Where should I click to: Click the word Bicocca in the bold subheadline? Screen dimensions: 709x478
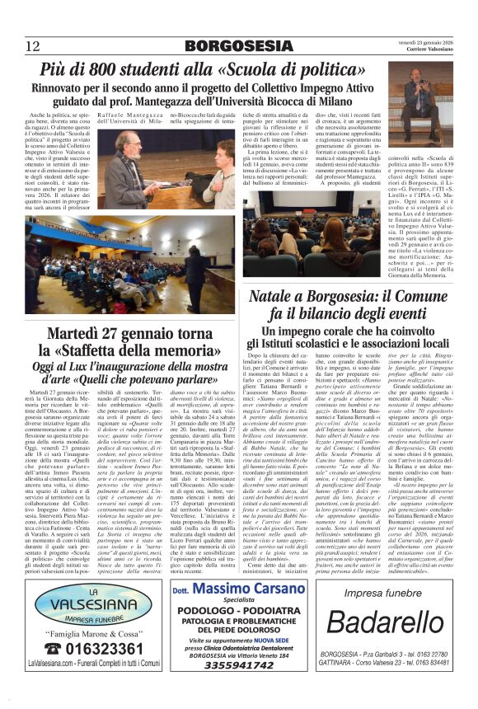tap(322, 99)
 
